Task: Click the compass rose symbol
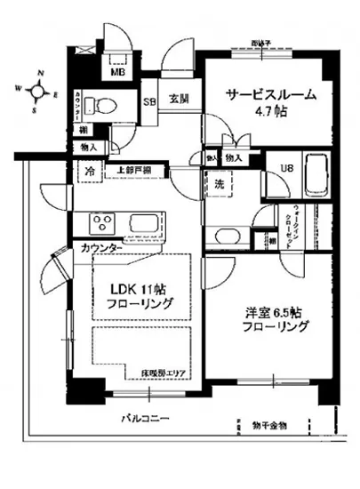click(x=38, y=90)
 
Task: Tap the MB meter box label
click(x=116, y=74)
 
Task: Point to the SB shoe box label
click(x=151, y=100)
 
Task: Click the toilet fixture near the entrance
click(x=104, y=108)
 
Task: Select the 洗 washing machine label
click(x=220, y=185)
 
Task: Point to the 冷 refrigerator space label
click(x=90, y=169)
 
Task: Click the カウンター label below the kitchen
click(x=100, y=247)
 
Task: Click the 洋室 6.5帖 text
click(x=276, y=312)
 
